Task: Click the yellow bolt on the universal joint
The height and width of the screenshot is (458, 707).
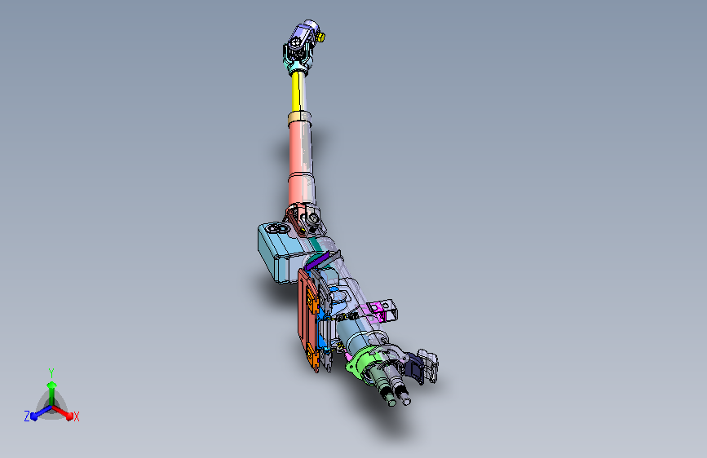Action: coord(321,37)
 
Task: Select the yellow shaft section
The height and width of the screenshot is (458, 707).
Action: coord(296,91)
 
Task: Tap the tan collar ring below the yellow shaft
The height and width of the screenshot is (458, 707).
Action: coord(299,119)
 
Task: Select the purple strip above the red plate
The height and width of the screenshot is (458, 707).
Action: coord(317,262)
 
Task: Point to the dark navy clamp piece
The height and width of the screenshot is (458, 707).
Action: coord(415,368)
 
